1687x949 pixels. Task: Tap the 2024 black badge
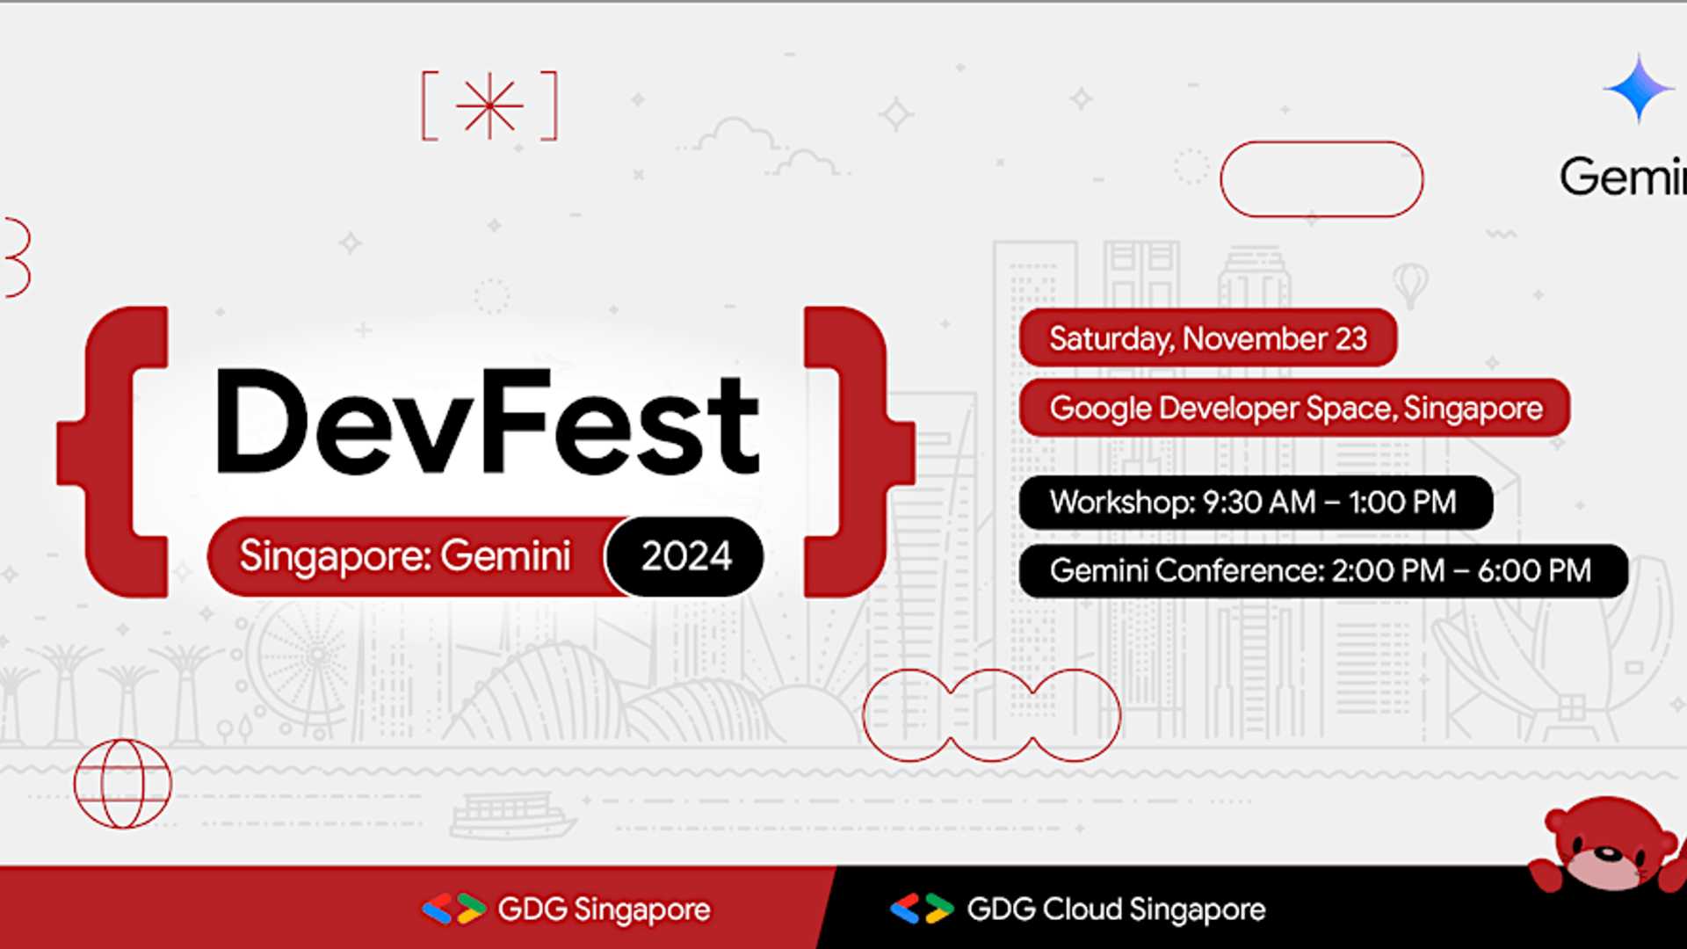click(685, 556)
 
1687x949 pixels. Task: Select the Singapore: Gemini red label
click(405, 556)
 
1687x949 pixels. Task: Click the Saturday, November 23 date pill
click(1207, 338)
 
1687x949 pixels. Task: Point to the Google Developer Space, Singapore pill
click(1295, 409)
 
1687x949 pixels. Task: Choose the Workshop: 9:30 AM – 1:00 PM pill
click(1254, 503)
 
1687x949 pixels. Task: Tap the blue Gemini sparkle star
click(1638, 89)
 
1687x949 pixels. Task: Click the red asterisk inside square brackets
click(489, 106)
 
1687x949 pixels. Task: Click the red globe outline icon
click(123, 784)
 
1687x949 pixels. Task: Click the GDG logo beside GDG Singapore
click(453, 909)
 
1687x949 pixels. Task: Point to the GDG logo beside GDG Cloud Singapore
click(922, 909)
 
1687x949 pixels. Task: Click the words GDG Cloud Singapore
click(1116, 909)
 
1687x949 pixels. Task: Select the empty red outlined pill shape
click(1321, 179)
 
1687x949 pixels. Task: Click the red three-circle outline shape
click(991, 714)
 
